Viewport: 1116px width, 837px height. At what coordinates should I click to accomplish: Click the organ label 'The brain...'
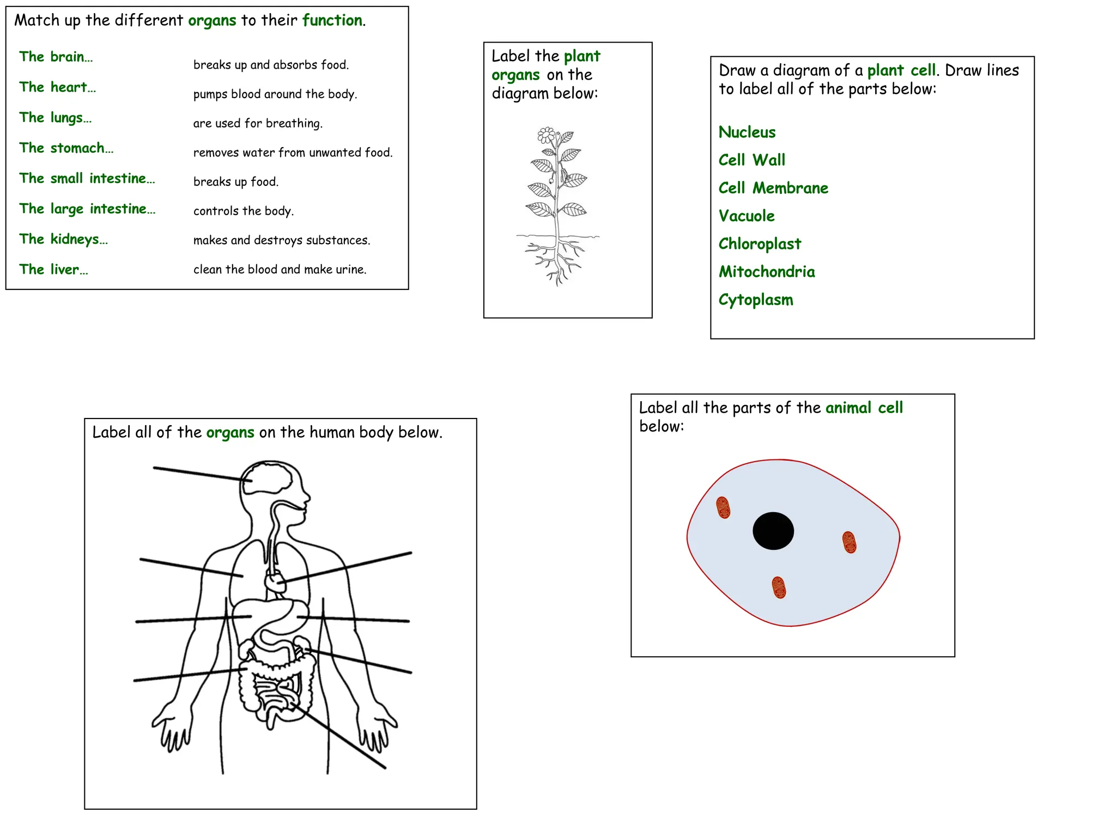coord(56,57)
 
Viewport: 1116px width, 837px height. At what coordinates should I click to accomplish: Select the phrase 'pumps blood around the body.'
coord(275,94)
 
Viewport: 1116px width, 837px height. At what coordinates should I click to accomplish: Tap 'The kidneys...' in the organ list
coord(63,239)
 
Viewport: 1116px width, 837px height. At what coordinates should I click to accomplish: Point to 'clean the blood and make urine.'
coord(280,269)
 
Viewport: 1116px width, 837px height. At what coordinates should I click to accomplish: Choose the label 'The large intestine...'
coord(87,209)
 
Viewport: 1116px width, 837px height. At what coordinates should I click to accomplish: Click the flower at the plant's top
coord(546,135)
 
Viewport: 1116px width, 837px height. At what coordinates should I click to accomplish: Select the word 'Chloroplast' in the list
coord(759,244)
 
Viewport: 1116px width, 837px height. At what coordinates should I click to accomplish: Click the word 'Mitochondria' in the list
coord(766,271)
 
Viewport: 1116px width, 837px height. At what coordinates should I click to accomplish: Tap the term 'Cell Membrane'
coord(773,188)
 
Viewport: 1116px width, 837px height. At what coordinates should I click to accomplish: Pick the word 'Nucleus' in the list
coord(747,132)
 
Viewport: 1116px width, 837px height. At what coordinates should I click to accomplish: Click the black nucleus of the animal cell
coord(773,531)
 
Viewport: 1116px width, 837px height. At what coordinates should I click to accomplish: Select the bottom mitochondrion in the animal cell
coord(779,587)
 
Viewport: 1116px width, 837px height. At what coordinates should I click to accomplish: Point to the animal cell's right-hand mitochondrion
coord(849,542)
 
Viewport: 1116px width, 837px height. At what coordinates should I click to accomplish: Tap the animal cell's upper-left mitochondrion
coord(723,507)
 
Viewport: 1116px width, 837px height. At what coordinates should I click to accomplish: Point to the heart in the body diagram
coord(275,582)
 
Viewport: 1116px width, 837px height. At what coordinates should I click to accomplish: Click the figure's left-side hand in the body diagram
coord(172,728)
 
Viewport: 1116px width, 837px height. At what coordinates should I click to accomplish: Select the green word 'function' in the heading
coord(332,20)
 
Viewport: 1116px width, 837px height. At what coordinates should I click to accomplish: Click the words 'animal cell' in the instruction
coord(864,408)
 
